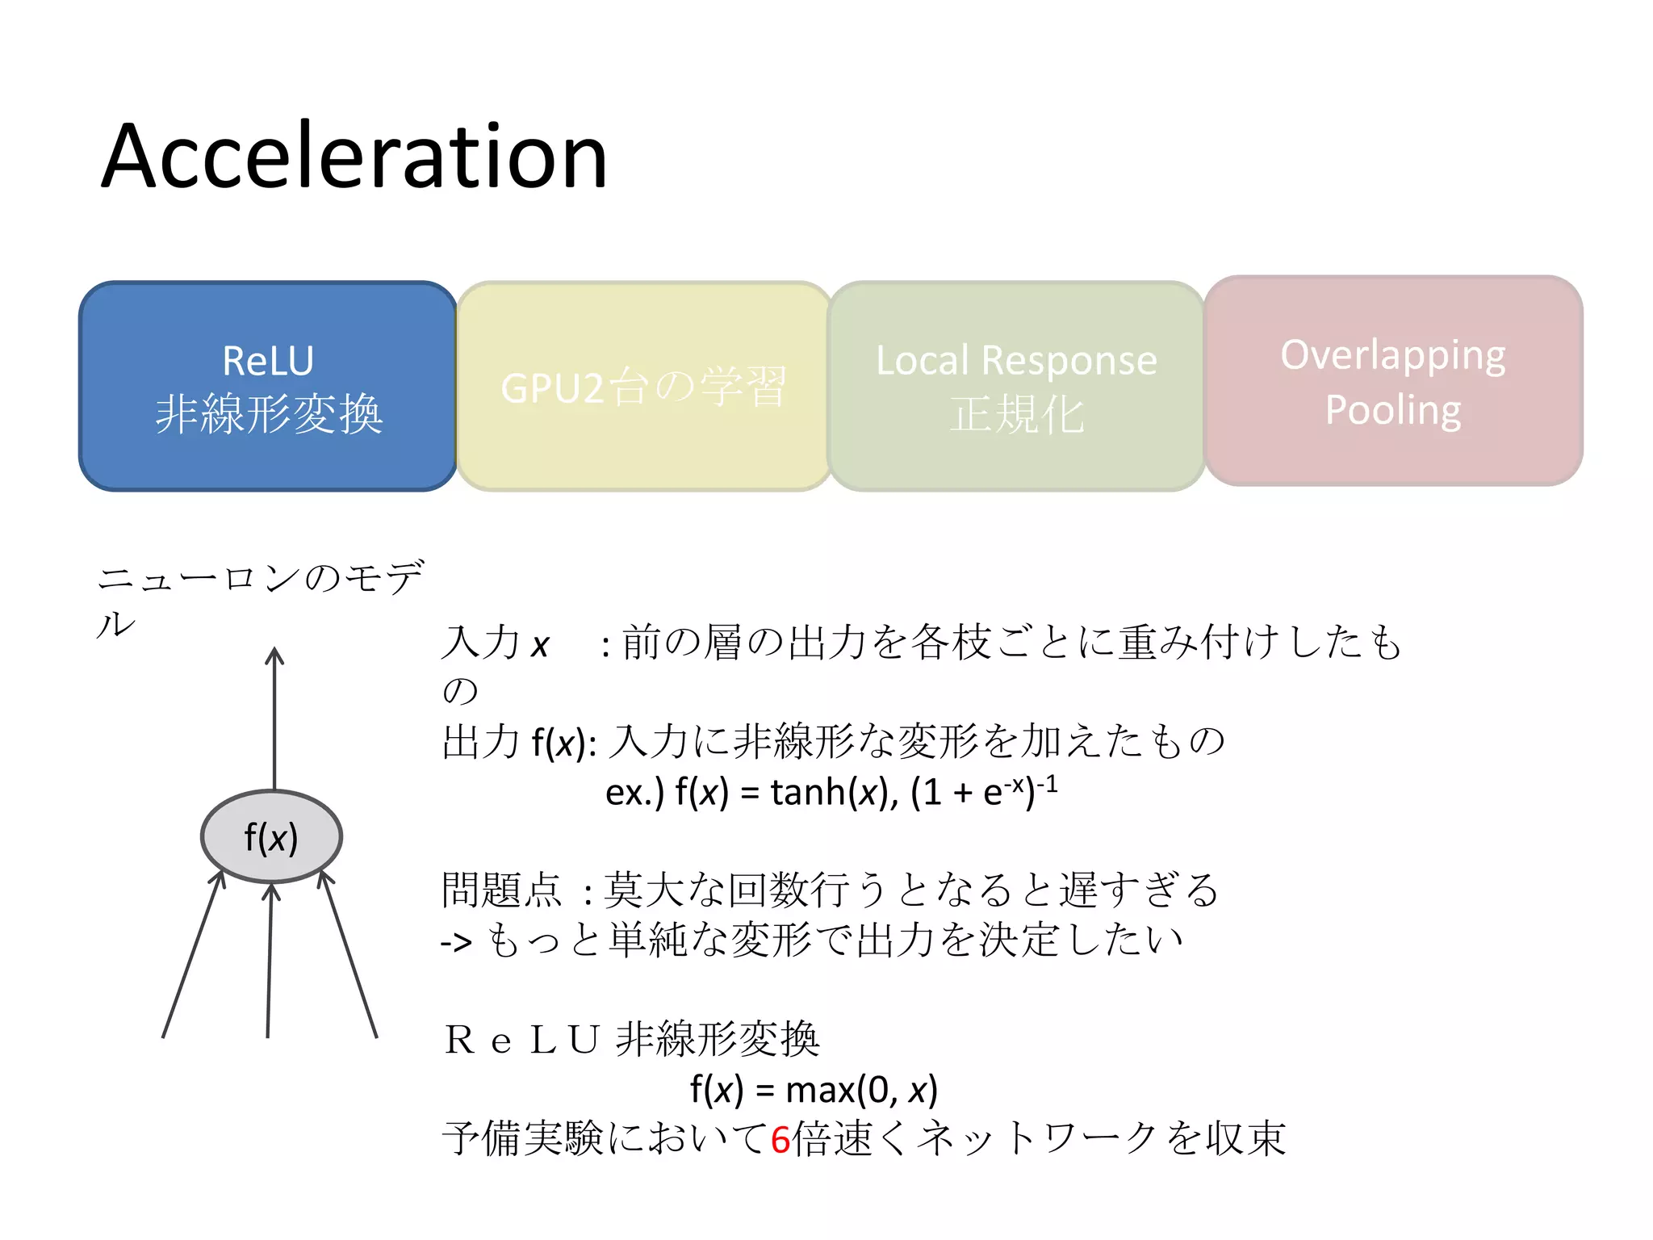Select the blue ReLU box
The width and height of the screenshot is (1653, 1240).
268,386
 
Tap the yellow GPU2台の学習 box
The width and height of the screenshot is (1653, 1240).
643,387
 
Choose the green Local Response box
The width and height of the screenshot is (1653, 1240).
1016,387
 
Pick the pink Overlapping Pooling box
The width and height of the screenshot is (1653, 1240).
1393,382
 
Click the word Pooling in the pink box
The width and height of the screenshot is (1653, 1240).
1393,410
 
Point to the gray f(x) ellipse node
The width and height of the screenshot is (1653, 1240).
271,837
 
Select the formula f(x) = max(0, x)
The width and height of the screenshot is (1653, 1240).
814,1090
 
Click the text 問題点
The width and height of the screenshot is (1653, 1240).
501,890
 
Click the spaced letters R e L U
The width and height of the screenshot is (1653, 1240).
521,1040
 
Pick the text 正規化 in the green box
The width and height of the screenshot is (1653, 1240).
1016,415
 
